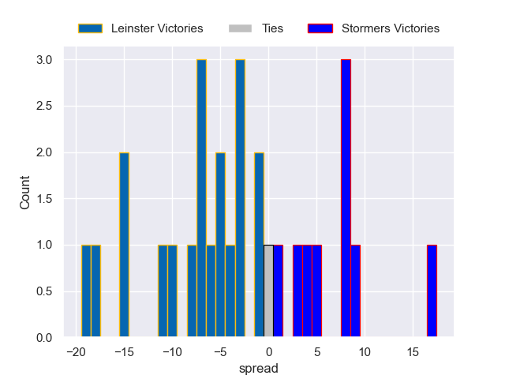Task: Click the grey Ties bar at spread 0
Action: point(268,291)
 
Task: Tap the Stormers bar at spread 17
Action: point(432,291)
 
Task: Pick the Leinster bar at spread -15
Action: point(124,245)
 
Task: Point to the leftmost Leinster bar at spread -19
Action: point(86,291)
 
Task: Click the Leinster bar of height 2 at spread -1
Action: point(259,245)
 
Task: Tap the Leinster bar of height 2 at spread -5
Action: point(220,245)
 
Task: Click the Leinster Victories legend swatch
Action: point(90,28)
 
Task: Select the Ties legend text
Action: point(272,28)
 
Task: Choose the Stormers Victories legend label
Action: point(390,28)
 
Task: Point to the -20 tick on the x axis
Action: point(77,351)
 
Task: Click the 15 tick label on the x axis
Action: point(412,351)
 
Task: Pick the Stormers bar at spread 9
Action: point(355,291)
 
